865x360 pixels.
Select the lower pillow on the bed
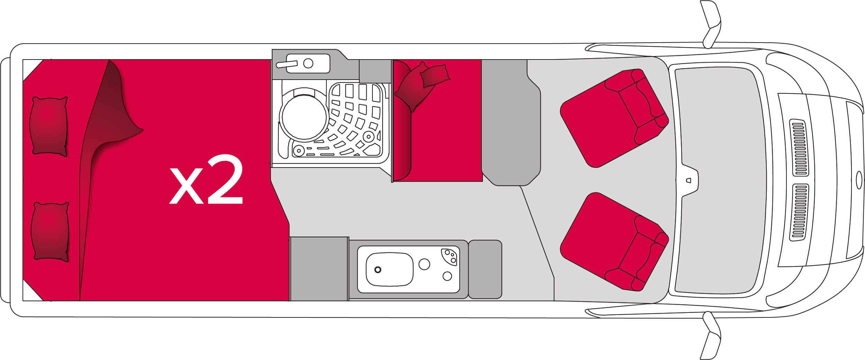click(50, 232)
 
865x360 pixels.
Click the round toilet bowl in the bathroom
click(304, 117)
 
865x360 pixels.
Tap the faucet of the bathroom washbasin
click(287, 64)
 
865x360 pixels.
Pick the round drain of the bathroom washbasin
click(308, 63)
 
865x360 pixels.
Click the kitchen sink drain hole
click(378, 270)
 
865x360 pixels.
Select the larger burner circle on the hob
click(424, 264)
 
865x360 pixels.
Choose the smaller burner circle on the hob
click(447, 276)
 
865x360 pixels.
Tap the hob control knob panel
click(449, 256)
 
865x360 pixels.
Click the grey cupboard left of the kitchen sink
click(319, 269)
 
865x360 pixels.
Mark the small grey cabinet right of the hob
click(485, 269)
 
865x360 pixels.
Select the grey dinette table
click(511, 123)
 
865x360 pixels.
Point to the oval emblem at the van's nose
click(859, 180)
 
